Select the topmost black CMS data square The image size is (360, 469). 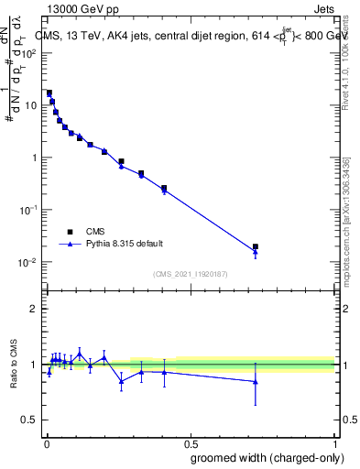49,93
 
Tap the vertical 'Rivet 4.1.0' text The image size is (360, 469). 345,69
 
